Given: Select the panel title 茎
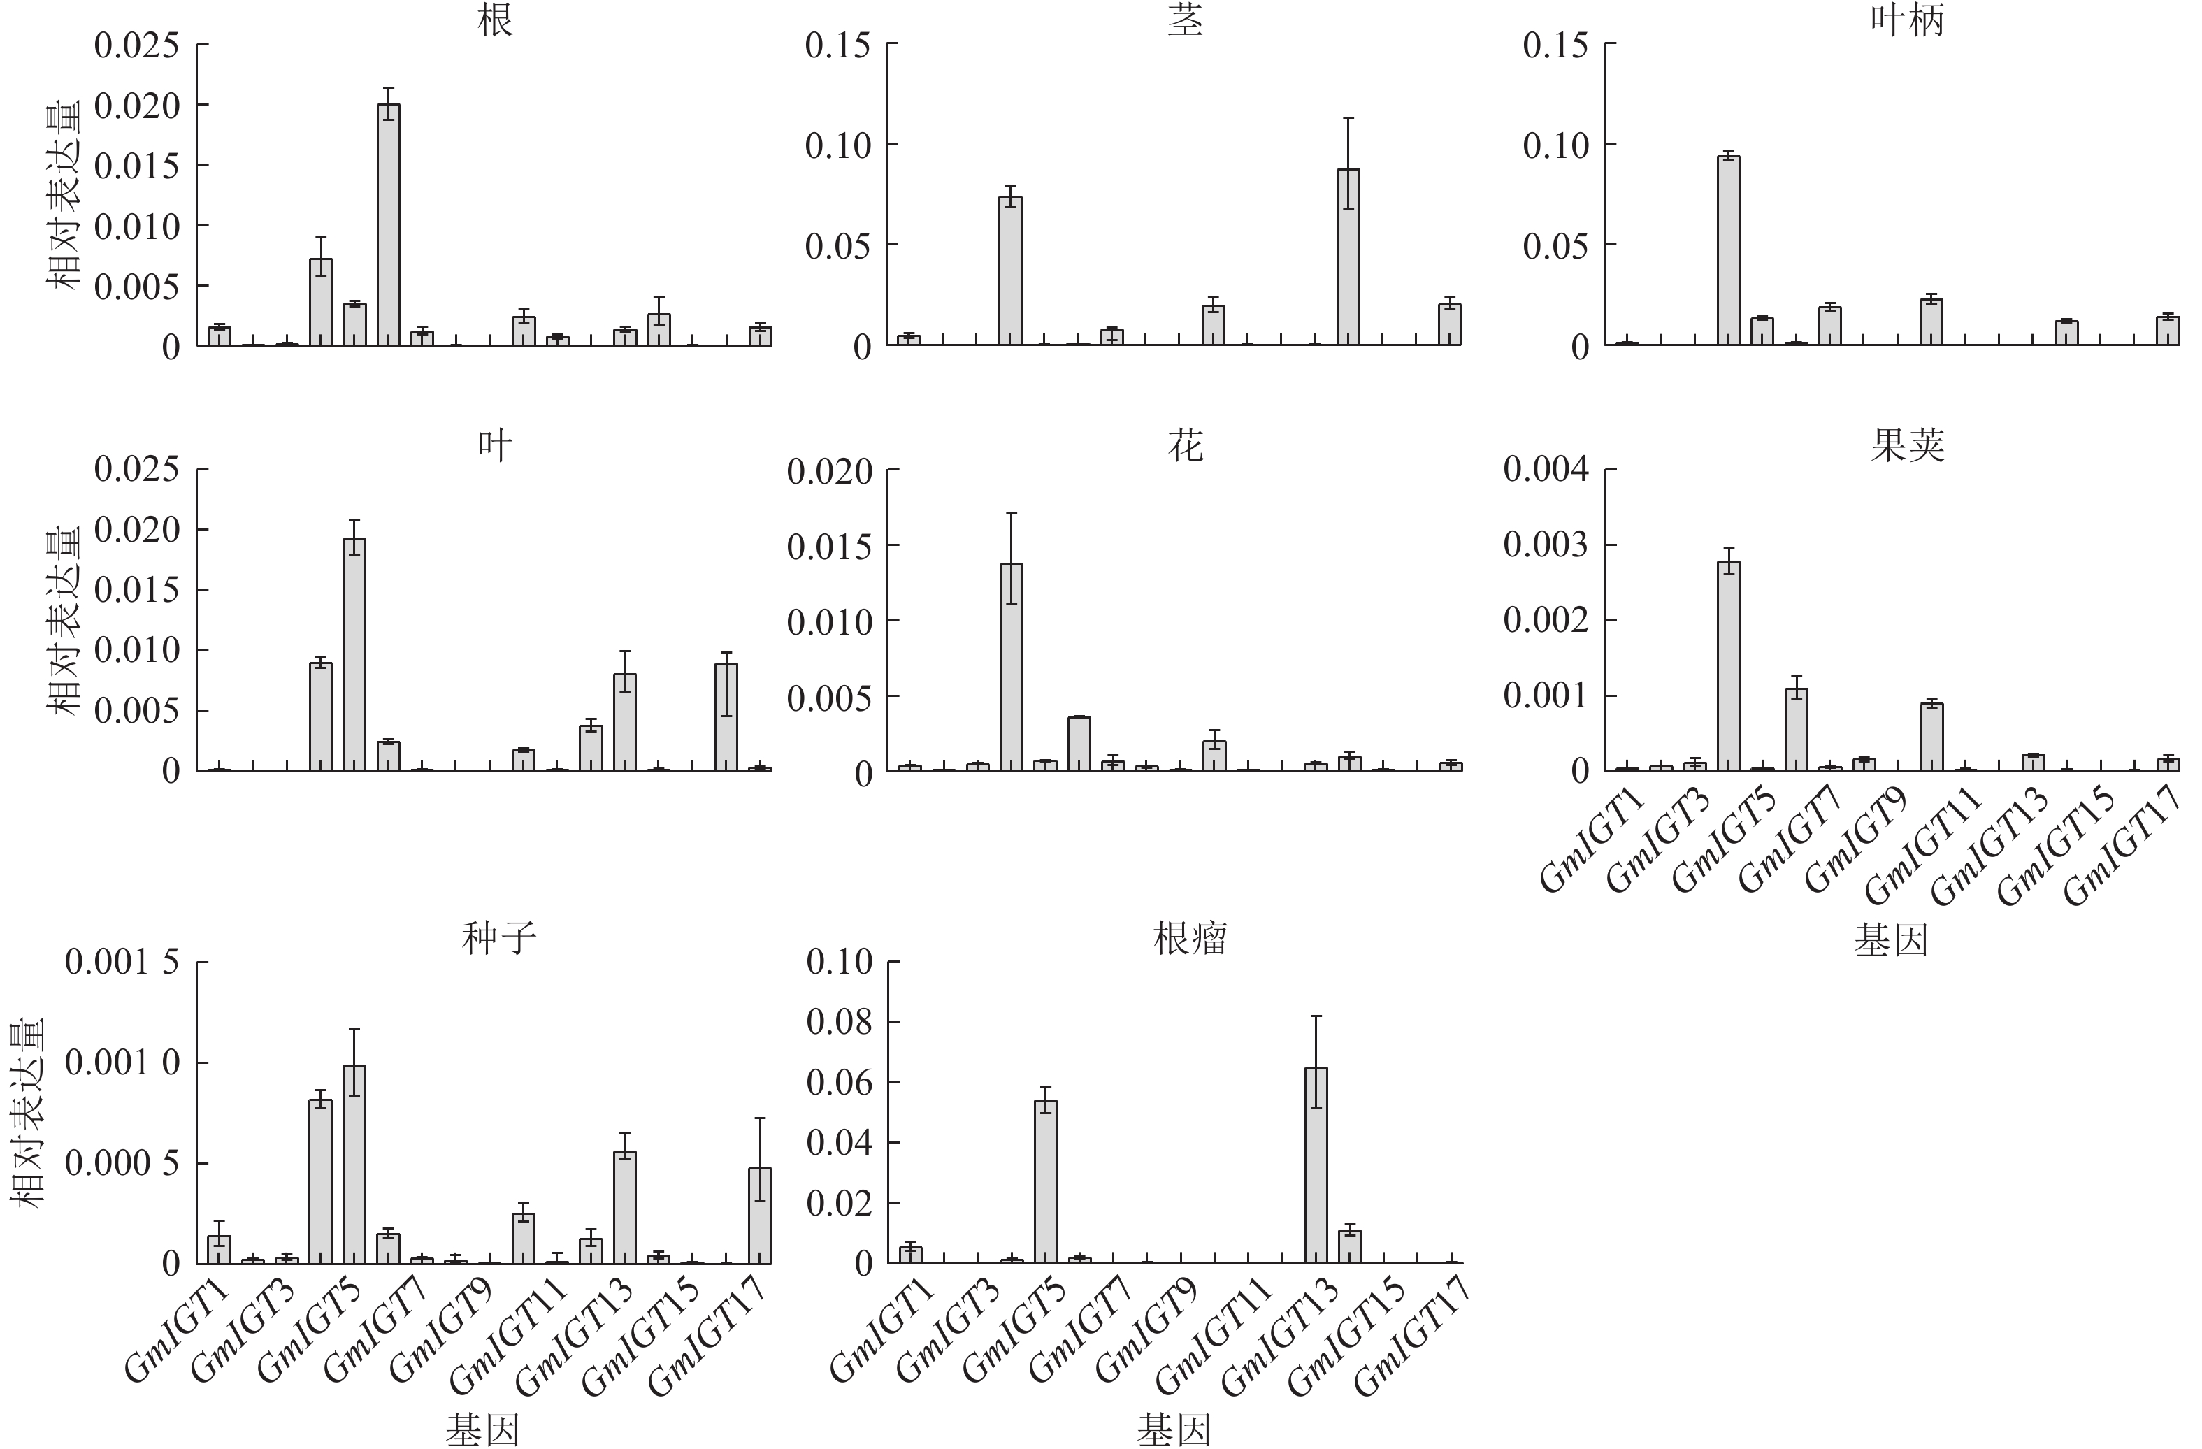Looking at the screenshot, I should (x=1185, y=21).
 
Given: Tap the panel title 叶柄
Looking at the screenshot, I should (x=1907, y=21).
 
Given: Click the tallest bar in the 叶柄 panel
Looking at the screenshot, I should (x=1728, y=251).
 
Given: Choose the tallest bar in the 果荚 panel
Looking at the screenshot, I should (x=1728, y=666).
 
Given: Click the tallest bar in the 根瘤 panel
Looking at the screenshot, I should (x=1316, y=1165).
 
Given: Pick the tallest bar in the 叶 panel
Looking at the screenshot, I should (x=354, y=654).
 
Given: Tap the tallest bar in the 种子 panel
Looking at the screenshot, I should (x=354, y=1164).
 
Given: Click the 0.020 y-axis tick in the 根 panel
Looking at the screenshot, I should (x=137, y=106).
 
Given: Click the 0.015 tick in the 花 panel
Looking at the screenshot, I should (x=830, y=547).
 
